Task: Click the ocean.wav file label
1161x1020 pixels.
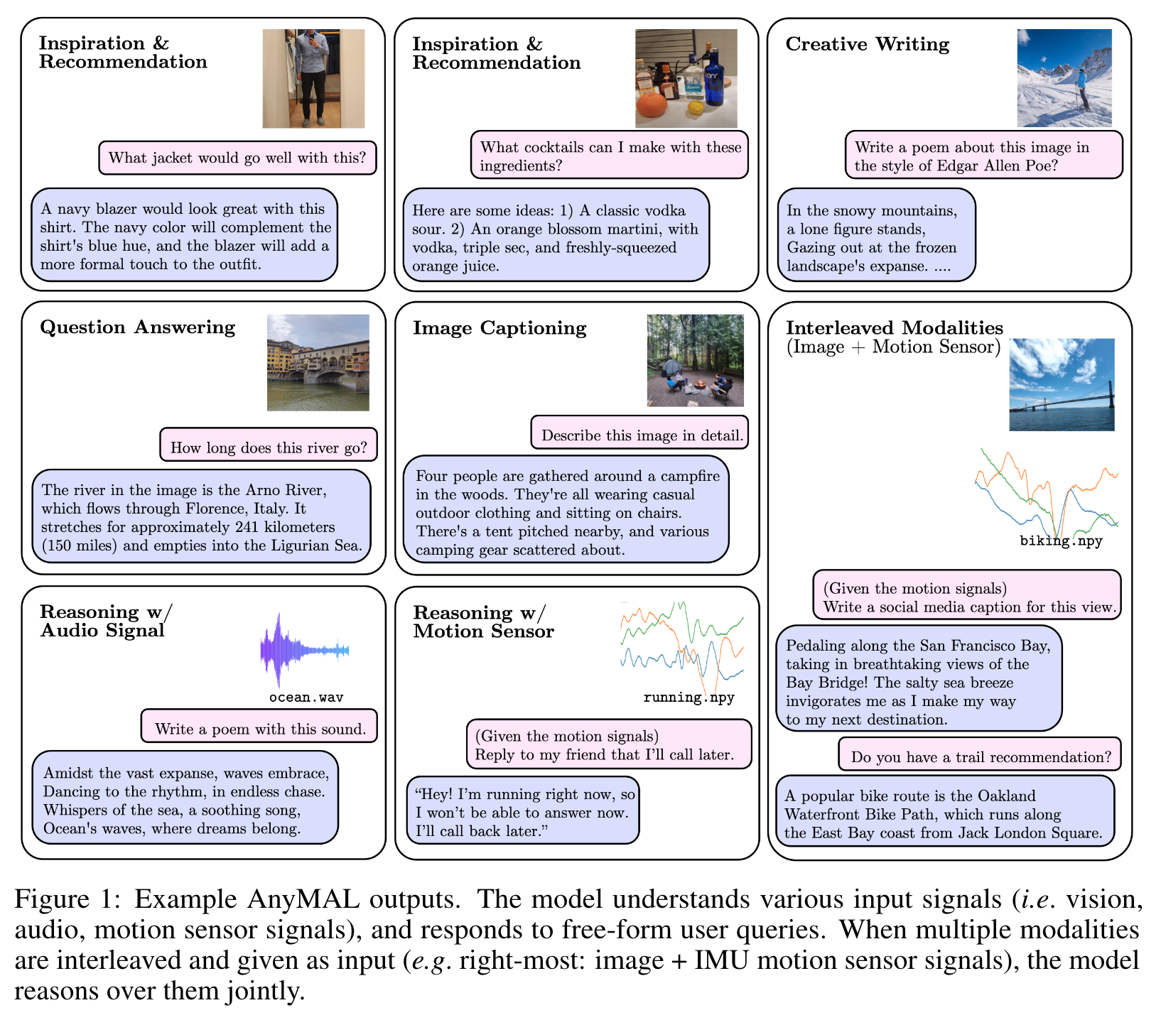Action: (306, 698)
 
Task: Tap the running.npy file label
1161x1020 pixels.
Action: (688, 698)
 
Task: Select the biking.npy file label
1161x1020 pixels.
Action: (1061, 541)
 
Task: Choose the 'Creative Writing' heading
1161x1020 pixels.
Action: (867, 45)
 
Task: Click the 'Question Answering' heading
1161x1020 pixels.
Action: (137, 327)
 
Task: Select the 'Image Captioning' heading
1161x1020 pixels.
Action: (499, 328)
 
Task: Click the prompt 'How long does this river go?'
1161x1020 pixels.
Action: (269, 447)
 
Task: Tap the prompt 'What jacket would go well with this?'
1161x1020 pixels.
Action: (237, 158)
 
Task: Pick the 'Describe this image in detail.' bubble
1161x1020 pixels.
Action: (642, 435)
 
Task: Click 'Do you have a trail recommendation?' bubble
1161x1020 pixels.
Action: (981, 757)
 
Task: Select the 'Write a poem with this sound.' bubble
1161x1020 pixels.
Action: (260, 729)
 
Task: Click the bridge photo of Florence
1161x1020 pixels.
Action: (318, 362)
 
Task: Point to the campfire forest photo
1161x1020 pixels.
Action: (695, 361)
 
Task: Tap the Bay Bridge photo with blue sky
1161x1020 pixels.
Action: (1062, 384)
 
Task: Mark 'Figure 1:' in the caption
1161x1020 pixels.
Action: (63, 900)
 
